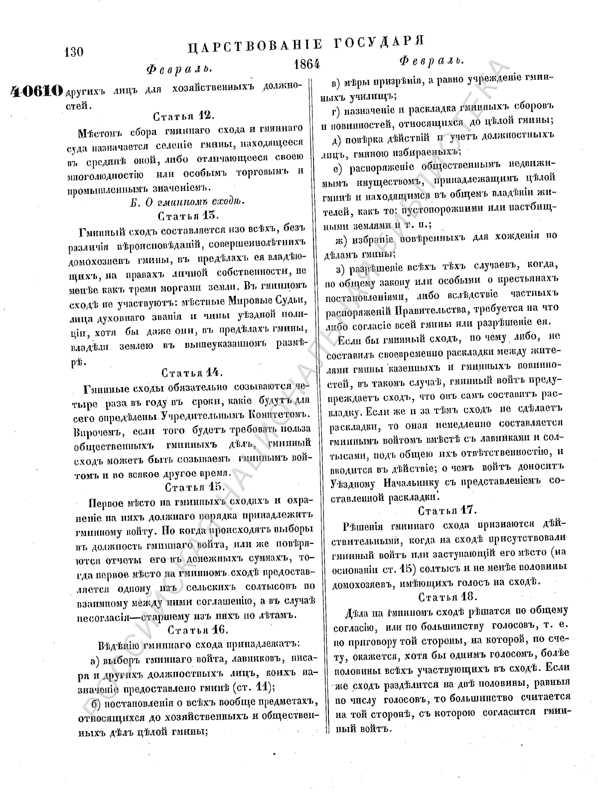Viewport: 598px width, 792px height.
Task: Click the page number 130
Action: coord(74,52)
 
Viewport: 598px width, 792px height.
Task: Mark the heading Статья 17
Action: coord(448,510)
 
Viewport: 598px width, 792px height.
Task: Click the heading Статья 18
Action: coord(448,597)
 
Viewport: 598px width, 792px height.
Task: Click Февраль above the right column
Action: coord(432,61)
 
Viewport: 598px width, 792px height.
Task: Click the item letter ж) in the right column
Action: coord(341,237)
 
